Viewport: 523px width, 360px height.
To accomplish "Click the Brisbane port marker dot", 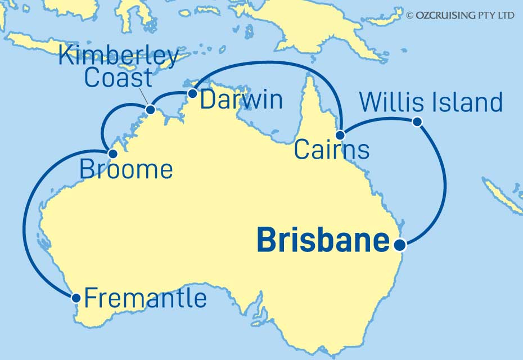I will click(x=400, y=245).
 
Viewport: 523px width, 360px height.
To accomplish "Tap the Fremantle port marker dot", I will click(x=76, y=297).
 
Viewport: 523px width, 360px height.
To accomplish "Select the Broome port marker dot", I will click(x=112, y=154).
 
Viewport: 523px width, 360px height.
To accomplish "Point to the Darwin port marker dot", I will click(x=192, y=93).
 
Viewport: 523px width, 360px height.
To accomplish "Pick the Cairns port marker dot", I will click(x=340, y=135).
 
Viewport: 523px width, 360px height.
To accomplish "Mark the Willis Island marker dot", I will click(x=417, y=121).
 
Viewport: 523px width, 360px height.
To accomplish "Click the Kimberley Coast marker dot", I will click(x=150, y=110).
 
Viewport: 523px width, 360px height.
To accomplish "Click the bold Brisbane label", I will click(x=323, y=241).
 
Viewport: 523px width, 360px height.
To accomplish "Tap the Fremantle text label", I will click(x=145, y=298).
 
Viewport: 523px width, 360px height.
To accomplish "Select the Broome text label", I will click(x=126, y=169).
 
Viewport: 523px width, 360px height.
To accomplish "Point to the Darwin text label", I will click(x=241, y=100).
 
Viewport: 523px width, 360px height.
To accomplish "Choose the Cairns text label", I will click(x=332, y=150).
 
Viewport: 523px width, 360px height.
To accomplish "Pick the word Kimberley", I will click(x=119, y=57).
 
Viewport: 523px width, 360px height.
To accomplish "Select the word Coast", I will click(x=118, y=78).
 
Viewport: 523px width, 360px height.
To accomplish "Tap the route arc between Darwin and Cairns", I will click(x=264, y=62).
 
